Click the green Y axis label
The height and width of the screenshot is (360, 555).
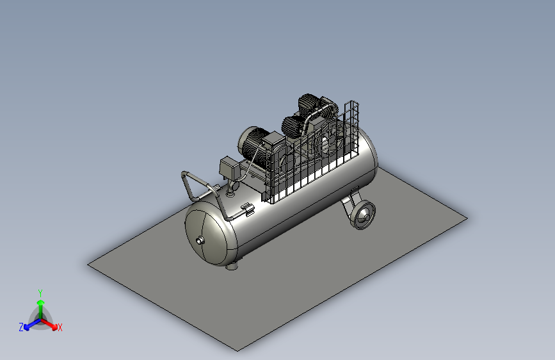click(x=40, y=293)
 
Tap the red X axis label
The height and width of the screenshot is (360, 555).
click(x=60, y=327)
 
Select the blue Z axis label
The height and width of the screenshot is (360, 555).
click(x=21, y=327)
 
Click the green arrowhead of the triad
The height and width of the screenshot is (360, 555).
click(x=41, y=302)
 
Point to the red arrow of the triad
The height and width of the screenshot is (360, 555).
click(x=49, y=324)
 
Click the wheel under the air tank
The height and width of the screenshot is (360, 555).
click(x=362, y=215)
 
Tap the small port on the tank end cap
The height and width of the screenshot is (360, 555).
click(x=200, y=241)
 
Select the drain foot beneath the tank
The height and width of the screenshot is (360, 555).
click(x=232, y=266)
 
